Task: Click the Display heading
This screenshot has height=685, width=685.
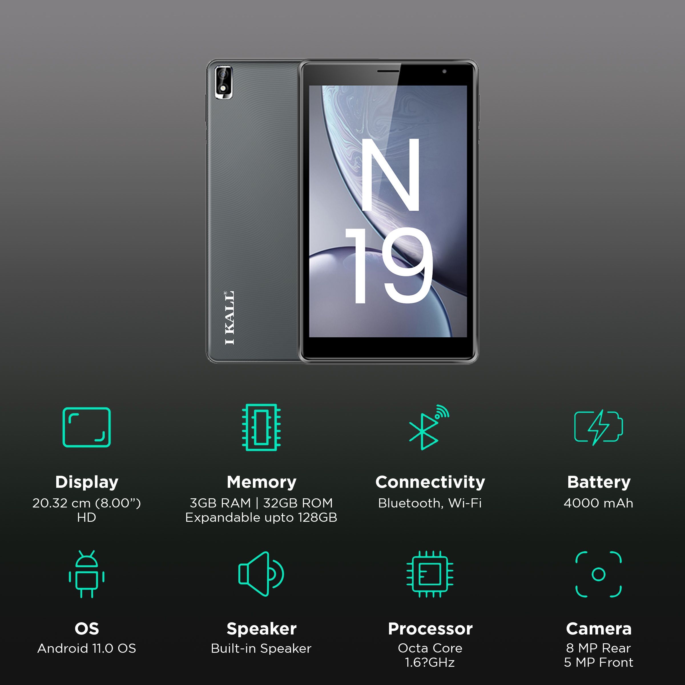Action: (86, 482)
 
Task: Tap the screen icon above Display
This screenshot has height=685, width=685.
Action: (86, 427)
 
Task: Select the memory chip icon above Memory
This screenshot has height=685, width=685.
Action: (261, 427)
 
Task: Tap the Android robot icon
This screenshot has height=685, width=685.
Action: (86, 574)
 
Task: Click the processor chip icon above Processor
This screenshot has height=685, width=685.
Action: (430, 574)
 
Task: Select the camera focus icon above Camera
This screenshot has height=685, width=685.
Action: (599, 574)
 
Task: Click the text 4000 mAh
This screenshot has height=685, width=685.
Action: (599, 503)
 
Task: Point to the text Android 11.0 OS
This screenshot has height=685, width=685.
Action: (86, 648)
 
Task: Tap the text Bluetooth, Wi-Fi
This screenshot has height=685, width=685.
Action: (430, 503)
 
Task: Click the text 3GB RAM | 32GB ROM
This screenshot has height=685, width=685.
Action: (261, 503)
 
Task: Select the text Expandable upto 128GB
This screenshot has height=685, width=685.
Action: (261, 518)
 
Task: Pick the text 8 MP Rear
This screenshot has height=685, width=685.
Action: (599, 648)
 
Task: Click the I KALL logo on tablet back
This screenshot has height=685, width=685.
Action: (229, 317)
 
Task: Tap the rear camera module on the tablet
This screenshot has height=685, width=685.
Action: (224, 82)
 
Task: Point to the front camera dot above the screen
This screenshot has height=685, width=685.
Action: (444, 71)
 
